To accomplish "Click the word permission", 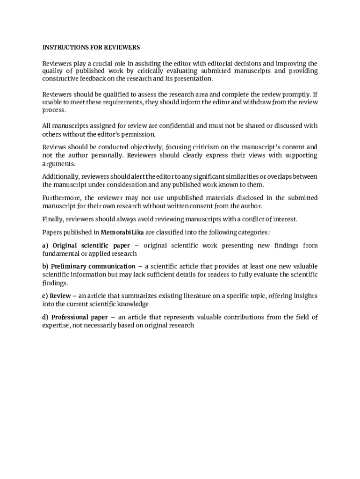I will (x=138, y=134).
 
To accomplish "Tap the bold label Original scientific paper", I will (x=91, y=245).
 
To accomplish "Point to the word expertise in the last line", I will (x=56, y=325).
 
